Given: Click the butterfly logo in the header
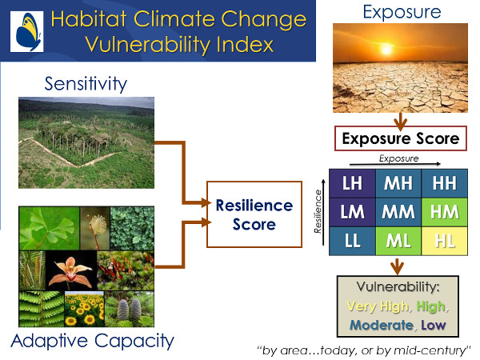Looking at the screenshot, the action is (x=27, y=31).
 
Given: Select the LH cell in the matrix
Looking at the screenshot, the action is (x=352, y=183).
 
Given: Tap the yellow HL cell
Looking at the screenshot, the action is (x=445, y=241).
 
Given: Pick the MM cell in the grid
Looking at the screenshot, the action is (x=398, y=212).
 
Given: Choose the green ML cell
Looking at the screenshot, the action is (x=398, y=241).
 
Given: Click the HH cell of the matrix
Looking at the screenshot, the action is (x=445, y=183).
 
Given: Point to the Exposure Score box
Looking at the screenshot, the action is (x=401, y=138).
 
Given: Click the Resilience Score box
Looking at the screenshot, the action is (x=254, y=214).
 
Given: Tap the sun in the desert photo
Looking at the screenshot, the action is (x=386, y=49).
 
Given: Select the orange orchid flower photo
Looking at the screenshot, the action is (x=71, y=270).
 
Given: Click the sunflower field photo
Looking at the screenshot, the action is (x=85, y=309).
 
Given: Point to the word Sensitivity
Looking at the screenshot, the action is (x=86, y=83).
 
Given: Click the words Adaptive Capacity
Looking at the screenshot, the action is (x=93, y=341).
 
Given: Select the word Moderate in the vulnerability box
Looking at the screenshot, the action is (x=382, y=325).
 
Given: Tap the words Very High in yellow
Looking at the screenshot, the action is (x=378, y=306).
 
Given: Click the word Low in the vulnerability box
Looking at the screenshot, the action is (x=433, y=325).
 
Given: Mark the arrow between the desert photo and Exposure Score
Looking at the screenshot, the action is (x=401, y=121).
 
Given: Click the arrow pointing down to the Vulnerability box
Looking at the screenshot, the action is (x=397, y=266).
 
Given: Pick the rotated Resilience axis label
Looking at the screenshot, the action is (x=318, y=211).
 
